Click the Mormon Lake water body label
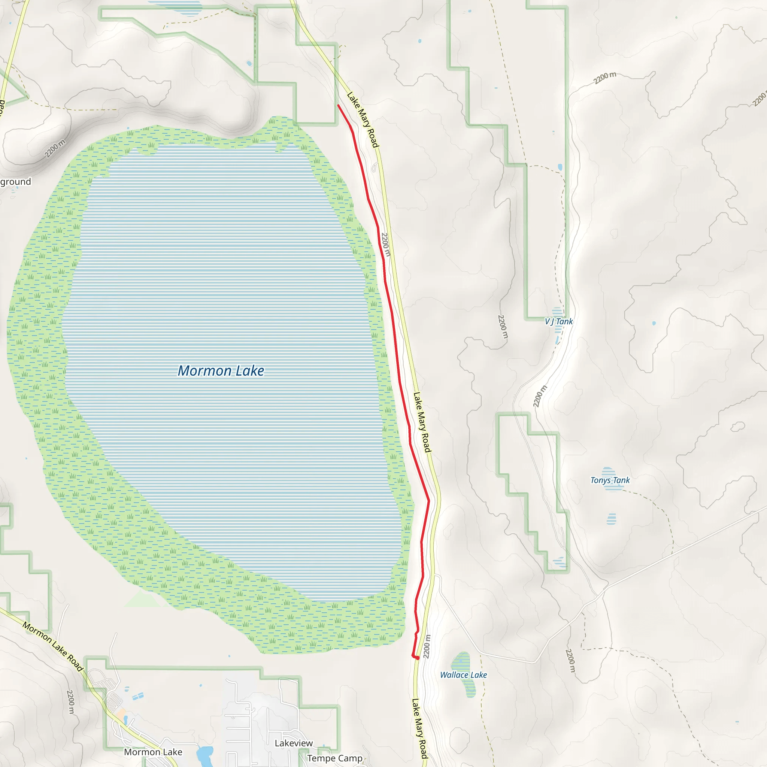point(221,371)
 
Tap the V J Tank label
point(559,322)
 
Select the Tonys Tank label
point(610,480)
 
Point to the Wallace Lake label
point(463,675)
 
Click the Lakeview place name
point(293,743)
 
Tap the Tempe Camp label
point(334,758)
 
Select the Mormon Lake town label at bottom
point(153,752)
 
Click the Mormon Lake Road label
point(53,646)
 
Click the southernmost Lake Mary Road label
point(419,729)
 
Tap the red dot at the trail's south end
point(418,658)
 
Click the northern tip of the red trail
point(338,105)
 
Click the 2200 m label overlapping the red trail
point(385,245)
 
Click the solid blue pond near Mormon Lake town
point(205,752)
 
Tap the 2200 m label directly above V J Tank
point(502,326)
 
